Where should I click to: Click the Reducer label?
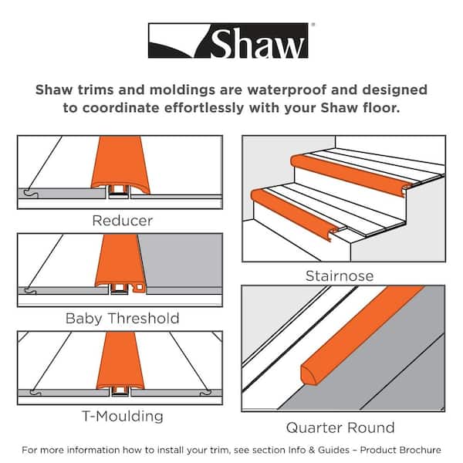pyautogui.click(x=122, y=221)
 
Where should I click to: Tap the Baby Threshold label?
pyautogui.click(x=122, y=318)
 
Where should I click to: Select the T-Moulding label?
pyautogui.click(x=122, y=416)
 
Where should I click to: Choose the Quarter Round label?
pyautogui.click(x=340, y=428)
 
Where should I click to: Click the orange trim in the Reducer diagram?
pyautogui.click(x=122, y=168)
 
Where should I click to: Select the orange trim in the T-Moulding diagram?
pyautogui.click(x=120, y=359)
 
